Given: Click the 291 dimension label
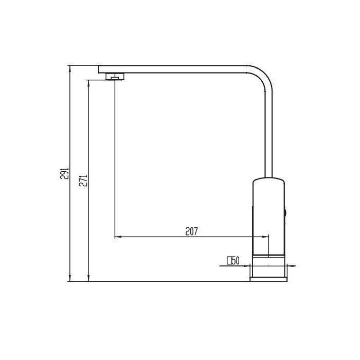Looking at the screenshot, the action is coord(65,173).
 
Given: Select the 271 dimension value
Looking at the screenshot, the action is coord(83,181).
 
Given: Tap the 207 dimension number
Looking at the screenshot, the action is coord(191,231).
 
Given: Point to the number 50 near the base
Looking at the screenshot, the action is coord(236,261).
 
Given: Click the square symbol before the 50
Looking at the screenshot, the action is coord(229,261).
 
